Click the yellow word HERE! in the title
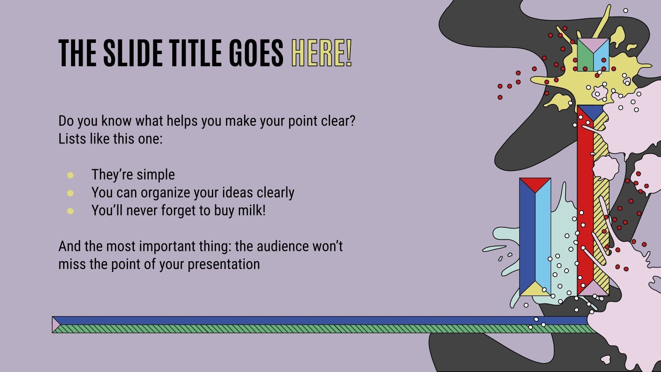(321, 53)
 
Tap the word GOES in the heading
(256, 53)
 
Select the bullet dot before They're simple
(70, 175)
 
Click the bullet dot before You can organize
(70, 193)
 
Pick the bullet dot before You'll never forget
(70, 211)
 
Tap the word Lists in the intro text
(72, 139)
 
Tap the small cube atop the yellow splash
(593, 55)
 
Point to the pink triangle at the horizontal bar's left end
(55, 324)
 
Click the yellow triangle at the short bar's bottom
(535, 290)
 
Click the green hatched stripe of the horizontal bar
(289, 329)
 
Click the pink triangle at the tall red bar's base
(593, 289)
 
